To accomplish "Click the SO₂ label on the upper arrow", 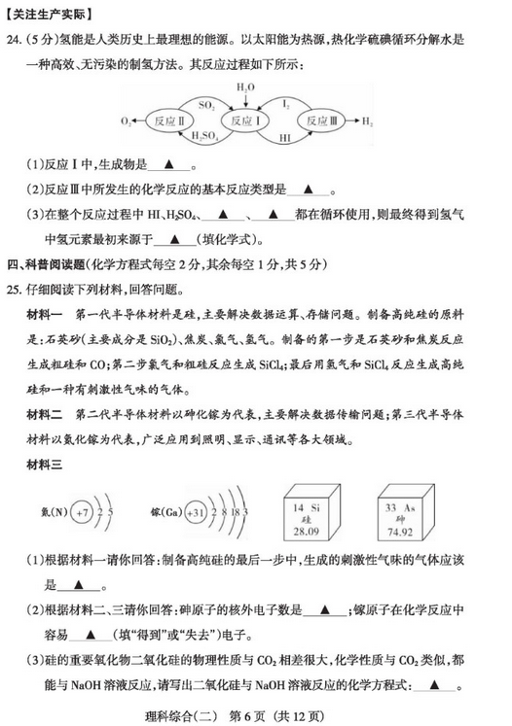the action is (x=205, y=102).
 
